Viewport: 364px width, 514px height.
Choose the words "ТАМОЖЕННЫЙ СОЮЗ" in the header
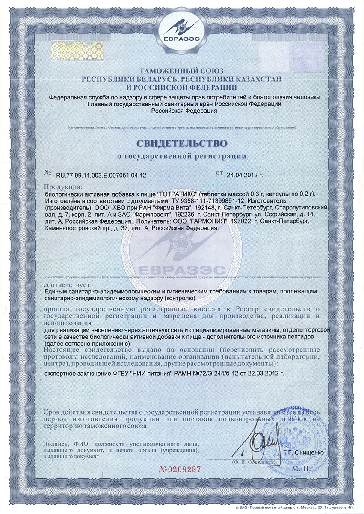coord(182,71)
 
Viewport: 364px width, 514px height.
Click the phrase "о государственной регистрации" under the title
coord(182,156)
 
